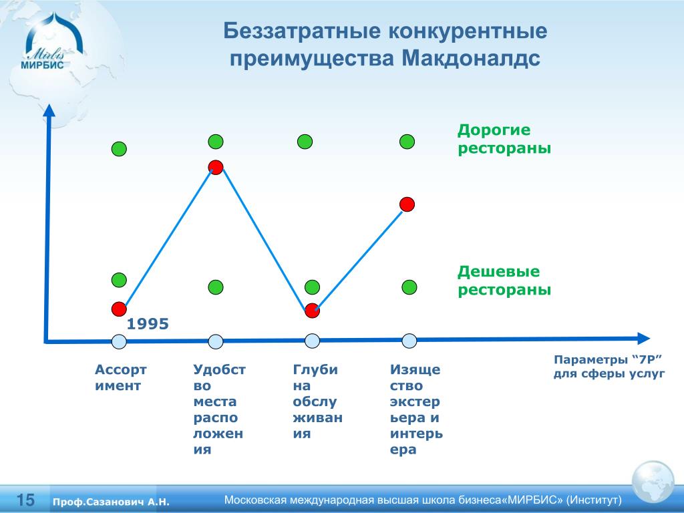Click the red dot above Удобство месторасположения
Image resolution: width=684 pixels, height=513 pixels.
tap(216, 167)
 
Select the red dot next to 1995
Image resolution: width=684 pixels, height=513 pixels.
tap(119, 309)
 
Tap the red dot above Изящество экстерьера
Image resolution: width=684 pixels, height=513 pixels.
tap(407, 204)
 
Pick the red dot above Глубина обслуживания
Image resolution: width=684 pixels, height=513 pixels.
tap(313, 311)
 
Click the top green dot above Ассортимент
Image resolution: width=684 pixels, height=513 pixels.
tap(119, 149)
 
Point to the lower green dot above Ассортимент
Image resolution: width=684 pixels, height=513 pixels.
tap(119, 280)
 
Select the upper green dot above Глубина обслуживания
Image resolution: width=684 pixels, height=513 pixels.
tap(305, 142)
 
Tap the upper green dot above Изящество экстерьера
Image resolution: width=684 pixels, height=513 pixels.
tap(407, 142)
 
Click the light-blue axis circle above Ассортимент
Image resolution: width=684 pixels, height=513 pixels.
tap(119, 341)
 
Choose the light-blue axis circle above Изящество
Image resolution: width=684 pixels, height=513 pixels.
tap(409, 341)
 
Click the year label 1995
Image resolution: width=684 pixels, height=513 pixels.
tap(148, 324)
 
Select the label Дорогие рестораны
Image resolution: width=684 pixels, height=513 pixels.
tap(504, 139)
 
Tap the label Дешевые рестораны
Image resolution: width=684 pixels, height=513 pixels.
tap(504, 281)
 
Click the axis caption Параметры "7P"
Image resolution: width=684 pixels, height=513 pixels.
tap(609, 360)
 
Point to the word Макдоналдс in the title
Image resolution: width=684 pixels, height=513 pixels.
tap(471, 59)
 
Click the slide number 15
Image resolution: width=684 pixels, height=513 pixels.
tap(25, 500)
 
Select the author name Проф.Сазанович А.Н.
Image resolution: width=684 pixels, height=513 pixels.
tap(111, 502)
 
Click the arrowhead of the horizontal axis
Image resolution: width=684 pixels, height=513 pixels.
tap(643, 338)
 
